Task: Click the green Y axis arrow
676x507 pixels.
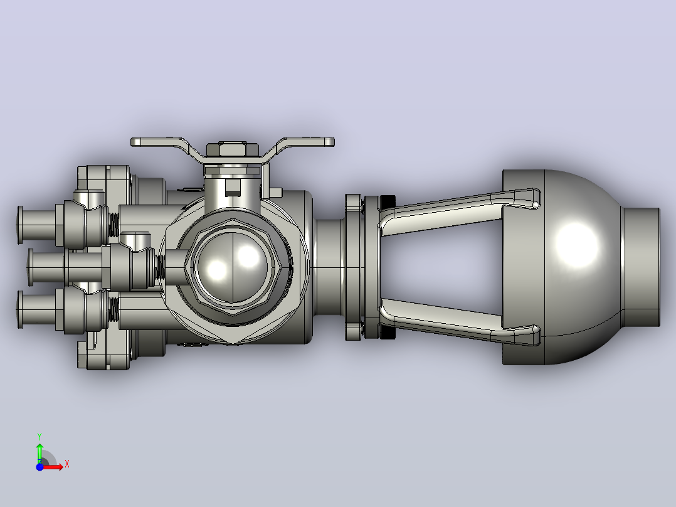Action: (x=40, y=452)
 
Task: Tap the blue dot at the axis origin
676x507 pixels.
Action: (x=40, y=467)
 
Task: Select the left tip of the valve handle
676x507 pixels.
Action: (x=132, y=142)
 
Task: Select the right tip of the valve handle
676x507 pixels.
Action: (x=334, y=142)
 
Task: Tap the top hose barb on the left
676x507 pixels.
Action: (x=36, y=225)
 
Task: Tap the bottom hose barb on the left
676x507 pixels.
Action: (x=36, y=310)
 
